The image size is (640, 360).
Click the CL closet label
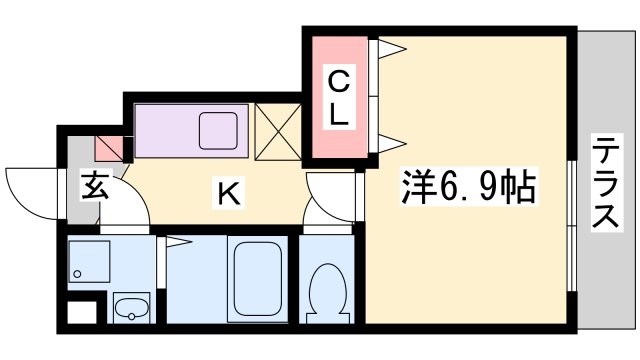click(339, 96)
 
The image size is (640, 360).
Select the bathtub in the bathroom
click(258, 281)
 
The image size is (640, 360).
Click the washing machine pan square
click(89, 266)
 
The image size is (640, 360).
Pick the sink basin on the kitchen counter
click(217, 130)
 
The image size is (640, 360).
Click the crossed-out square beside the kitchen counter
click(277, 131)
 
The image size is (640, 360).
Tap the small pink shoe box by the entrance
click(109, 147)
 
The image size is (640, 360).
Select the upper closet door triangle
click(391, 46)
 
